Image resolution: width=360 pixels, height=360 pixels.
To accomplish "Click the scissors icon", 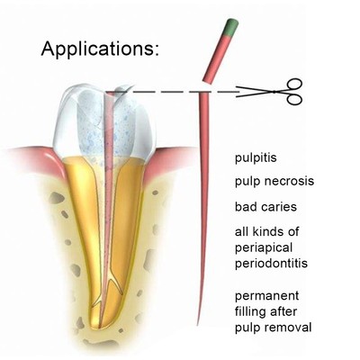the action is tap(269, 92).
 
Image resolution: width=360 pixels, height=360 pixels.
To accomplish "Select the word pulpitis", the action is tap(256, 158).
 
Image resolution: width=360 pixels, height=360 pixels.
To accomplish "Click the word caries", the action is tap(279, 207).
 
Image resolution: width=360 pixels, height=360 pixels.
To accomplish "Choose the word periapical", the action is tap(264, 248).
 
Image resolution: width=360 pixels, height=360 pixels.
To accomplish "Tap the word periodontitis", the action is tap(271, 264).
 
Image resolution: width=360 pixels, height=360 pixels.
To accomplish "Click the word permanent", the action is tap(266, 296).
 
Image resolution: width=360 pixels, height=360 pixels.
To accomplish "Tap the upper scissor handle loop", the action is tap(294, 85).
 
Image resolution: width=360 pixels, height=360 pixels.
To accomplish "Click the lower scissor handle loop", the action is tap(293, 99).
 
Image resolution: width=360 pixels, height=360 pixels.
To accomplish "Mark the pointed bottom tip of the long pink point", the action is tap(197, 325).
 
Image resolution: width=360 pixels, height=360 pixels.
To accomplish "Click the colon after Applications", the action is tap(156, 50).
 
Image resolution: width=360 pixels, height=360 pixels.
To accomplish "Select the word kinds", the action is tap(265, 232).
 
